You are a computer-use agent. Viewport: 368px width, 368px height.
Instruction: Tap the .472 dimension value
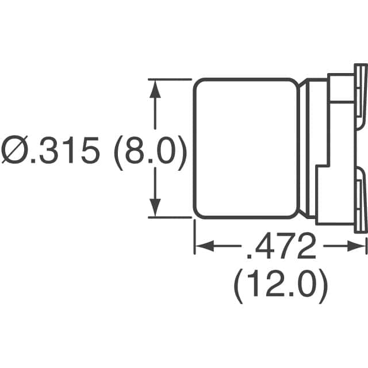tap(282, 247)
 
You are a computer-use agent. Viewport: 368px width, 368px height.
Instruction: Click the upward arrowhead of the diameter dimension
tap(155, 86)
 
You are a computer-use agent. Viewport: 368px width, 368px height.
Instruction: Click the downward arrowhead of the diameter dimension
tap(155, 209)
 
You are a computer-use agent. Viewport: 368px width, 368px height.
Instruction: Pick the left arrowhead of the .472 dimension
tap(201, 247)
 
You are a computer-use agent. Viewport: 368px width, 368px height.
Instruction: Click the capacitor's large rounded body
tap(248, 148)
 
